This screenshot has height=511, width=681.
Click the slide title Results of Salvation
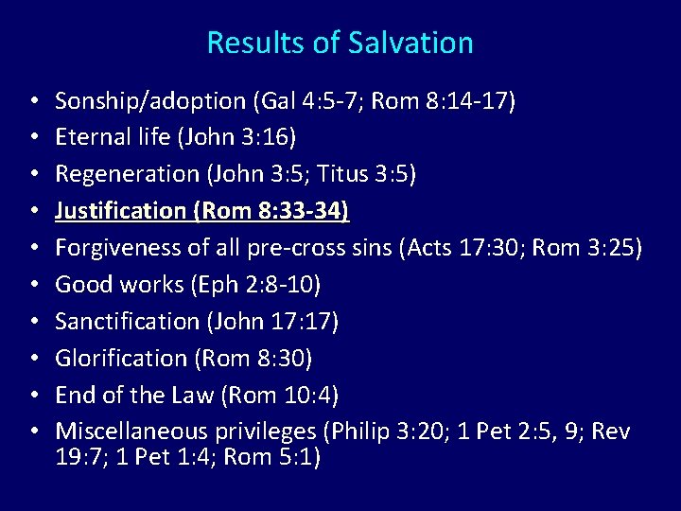tap(340, 43)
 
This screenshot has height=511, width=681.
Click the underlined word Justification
tap(120, 212)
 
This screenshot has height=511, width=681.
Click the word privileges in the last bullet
tap(262, 432)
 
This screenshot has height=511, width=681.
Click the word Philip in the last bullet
tap(357, 432)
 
